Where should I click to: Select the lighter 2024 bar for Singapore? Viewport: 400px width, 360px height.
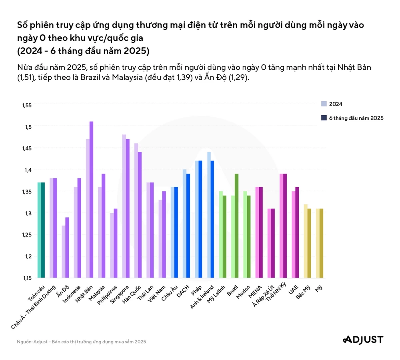(124, 206)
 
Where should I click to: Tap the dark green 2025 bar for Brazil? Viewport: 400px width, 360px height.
(237, 226)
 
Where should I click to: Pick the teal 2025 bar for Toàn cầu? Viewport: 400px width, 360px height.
(43, 230)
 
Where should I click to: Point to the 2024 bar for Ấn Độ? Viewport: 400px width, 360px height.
(64, 252)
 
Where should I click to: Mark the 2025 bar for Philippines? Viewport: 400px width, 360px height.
(116, 243)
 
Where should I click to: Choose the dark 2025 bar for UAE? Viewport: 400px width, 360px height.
(297, 232)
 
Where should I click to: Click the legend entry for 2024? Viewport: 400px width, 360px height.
(332, 104)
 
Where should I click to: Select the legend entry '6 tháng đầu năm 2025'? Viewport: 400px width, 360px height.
(352, 118)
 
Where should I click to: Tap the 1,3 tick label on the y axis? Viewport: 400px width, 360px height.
(27, 213)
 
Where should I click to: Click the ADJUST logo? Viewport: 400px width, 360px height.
(363, 340)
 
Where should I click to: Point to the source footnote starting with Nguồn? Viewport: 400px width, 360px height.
(81, 342)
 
